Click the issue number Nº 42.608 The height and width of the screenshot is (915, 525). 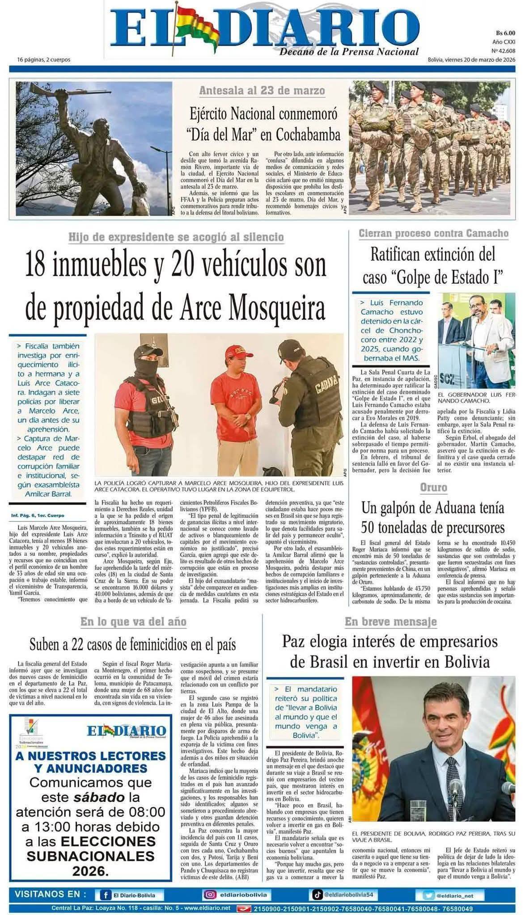pos(503,50)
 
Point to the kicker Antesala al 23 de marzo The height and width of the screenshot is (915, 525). pos(262,91)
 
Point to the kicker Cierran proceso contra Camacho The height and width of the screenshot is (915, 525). pos(433,233)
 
